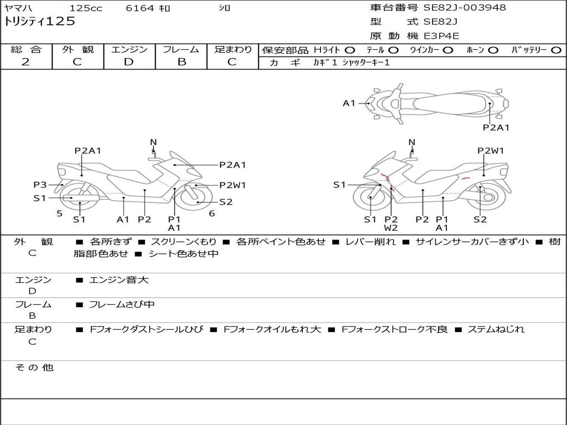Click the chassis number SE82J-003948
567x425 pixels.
(465, 7)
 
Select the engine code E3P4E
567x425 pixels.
(441, 36)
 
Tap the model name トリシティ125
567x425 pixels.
(39, 21)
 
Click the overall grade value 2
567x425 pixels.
(25, 62)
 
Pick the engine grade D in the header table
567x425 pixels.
(128, 62)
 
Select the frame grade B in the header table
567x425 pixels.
(182, 62)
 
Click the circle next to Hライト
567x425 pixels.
(350, 50)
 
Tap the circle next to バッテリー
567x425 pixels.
(556, 50)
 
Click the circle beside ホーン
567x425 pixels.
(493, 50)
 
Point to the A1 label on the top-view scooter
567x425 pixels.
(349, 103)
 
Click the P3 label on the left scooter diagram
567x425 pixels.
(40, 185)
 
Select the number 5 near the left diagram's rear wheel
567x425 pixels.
(60, 214)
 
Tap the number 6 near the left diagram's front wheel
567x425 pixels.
(212, 214)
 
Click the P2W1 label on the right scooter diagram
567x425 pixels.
(491, 151)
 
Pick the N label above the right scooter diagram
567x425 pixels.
(411, 142)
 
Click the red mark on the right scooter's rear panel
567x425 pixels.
(466, 178)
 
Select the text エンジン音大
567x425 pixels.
(118, 279)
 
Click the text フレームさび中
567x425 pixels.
(122, 305)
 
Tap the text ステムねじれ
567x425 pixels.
(496, 329)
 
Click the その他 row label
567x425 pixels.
(34, 367)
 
